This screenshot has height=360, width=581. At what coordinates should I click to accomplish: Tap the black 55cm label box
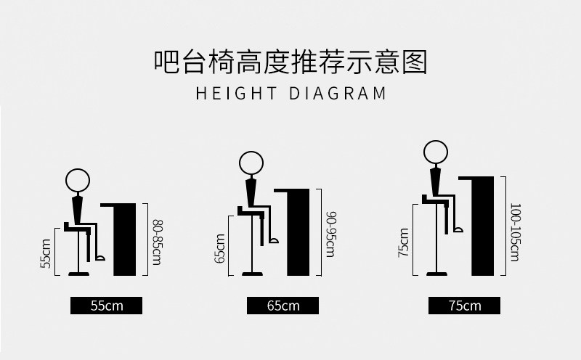tap(106, 306)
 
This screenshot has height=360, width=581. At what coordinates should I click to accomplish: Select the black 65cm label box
tap(283, 306)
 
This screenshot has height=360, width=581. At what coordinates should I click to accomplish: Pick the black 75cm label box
tap(464, 306)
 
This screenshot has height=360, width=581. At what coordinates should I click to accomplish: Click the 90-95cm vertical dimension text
tap(330, 233)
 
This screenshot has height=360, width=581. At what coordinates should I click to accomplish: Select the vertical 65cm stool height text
tap(220, 248)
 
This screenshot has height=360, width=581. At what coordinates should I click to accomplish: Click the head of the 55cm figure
tap(78, 180)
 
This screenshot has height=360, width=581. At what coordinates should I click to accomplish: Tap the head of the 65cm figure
tap(251, 163)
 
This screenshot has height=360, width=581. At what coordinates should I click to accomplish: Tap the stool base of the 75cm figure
tap(437, 274)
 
